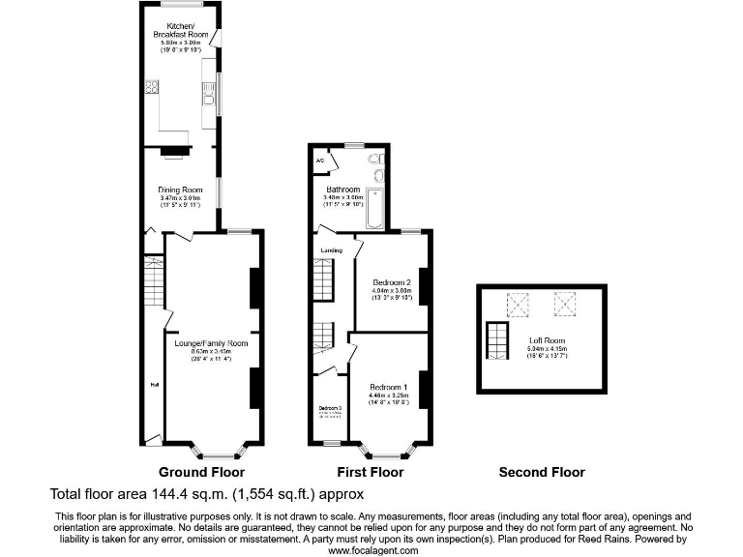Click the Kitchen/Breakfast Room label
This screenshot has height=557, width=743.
[x=181, y=29]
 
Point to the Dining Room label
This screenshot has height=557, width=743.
[x=181, y=190]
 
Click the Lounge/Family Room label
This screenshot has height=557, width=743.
[x=211, y=343]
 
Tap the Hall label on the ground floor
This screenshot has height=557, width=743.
[x=153, y=384]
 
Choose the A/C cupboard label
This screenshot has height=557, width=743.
[x=320, y=160]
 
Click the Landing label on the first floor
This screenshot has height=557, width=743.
[x=332, y=250]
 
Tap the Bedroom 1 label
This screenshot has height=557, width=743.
[x=389, y=387]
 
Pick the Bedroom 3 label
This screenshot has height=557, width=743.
[x=331, y=407]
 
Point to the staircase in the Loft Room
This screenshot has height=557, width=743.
[x=496, y=341]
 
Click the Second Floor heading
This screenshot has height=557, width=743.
[x=542, y=473]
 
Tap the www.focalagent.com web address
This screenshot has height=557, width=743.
[x=373, y=549]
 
